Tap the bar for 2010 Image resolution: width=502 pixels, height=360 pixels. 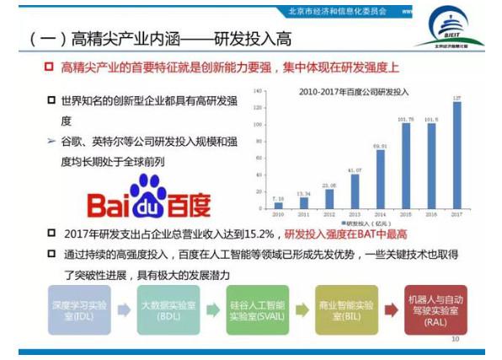click(x=279, y=205)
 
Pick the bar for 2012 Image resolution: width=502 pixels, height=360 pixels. click(x=329, y=199)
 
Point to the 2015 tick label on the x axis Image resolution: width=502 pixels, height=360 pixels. click(x=405, y=215)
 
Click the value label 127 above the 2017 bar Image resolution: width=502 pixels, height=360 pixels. click(x=457, y=99)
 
